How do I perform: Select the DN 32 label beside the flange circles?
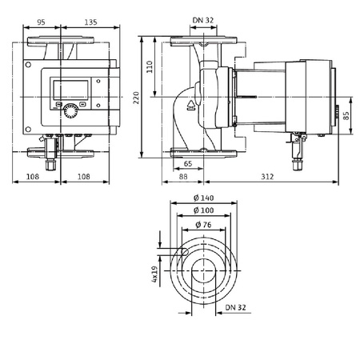point(235,306)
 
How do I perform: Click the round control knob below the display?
point(73,112)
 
